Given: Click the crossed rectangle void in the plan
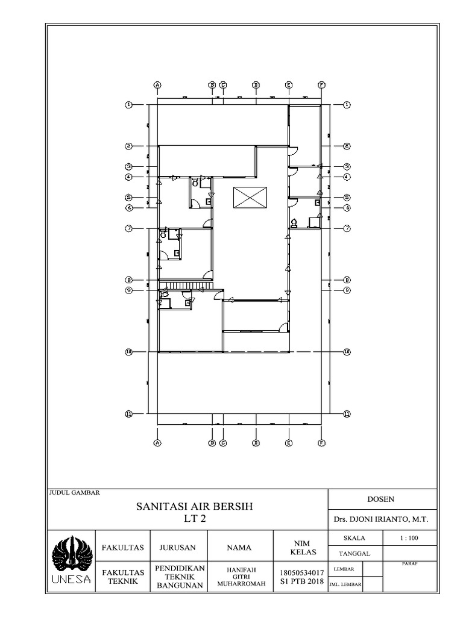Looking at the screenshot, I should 250,198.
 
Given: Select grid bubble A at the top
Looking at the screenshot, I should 157,85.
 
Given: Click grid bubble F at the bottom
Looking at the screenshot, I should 321,443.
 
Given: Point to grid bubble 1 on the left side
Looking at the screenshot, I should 128,105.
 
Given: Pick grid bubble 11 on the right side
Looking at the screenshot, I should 347,413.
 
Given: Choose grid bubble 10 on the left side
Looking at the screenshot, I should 128,352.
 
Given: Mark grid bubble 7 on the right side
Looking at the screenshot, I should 347,228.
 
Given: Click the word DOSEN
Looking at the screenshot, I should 380,499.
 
